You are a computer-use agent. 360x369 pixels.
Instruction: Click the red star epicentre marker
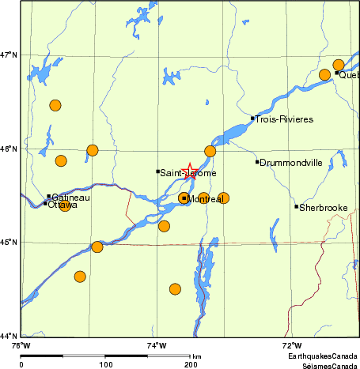[x=189, y=170]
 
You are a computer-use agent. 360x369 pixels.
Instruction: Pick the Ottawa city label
[x=63, y=205]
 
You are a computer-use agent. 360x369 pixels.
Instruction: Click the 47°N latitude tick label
[x=9, y=55]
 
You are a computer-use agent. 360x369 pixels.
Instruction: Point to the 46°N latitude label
[x=9, y=149]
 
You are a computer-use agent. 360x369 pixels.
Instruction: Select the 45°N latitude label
[x=9, y=242]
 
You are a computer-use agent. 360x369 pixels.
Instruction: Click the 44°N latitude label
[x=9, y=336]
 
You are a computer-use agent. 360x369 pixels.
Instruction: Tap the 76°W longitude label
[x=21, y=345]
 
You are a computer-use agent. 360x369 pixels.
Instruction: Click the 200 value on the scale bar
[x=191, y=364]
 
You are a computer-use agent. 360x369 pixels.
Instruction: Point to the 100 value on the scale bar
[x=106, y=364]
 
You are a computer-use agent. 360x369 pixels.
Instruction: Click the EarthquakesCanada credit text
[x=321, y=357]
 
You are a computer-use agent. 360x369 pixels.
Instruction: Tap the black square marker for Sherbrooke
[x=297, y=207]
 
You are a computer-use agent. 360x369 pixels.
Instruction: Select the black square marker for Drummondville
[x=257, y=162]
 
